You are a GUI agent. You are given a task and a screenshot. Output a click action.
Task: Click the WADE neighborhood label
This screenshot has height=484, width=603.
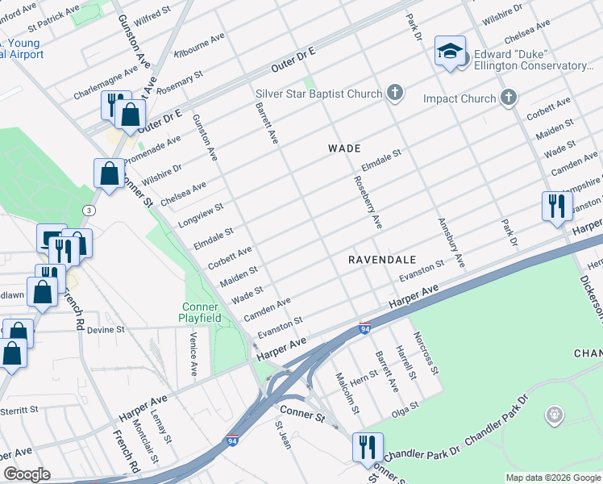tap(343, 148)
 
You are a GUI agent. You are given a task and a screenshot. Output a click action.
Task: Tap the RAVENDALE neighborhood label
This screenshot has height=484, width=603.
tap(382, 260)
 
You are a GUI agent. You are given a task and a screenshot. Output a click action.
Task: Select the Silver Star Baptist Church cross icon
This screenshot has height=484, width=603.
tap(394, 93)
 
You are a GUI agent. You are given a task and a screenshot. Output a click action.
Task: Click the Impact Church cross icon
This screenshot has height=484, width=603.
tap(507, 98)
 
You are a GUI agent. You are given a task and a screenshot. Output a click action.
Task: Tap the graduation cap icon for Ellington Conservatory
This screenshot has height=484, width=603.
tap(447, 52)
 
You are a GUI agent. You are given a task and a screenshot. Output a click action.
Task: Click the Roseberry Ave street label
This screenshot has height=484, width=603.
tap(366, 202)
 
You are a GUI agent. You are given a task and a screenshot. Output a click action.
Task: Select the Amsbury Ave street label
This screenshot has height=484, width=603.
tap(451, 242)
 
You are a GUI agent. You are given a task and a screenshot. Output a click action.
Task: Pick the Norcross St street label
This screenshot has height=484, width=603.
tap(426, 353)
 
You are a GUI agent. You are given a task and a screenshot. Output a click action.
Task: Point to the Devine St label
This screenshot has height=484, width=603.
tap(106, 330)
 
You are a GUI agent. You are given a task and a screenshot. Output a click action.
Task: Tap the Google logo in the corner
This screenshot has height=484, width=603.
tap(27, 474)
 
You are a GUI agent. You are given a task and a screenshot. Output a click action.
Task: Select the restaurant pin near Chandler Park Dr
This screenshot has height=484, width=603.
tap(368, 446)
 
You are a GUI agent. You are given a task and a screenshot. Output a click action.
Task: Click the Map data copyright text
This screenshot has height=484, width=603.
tap(552, 478)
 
